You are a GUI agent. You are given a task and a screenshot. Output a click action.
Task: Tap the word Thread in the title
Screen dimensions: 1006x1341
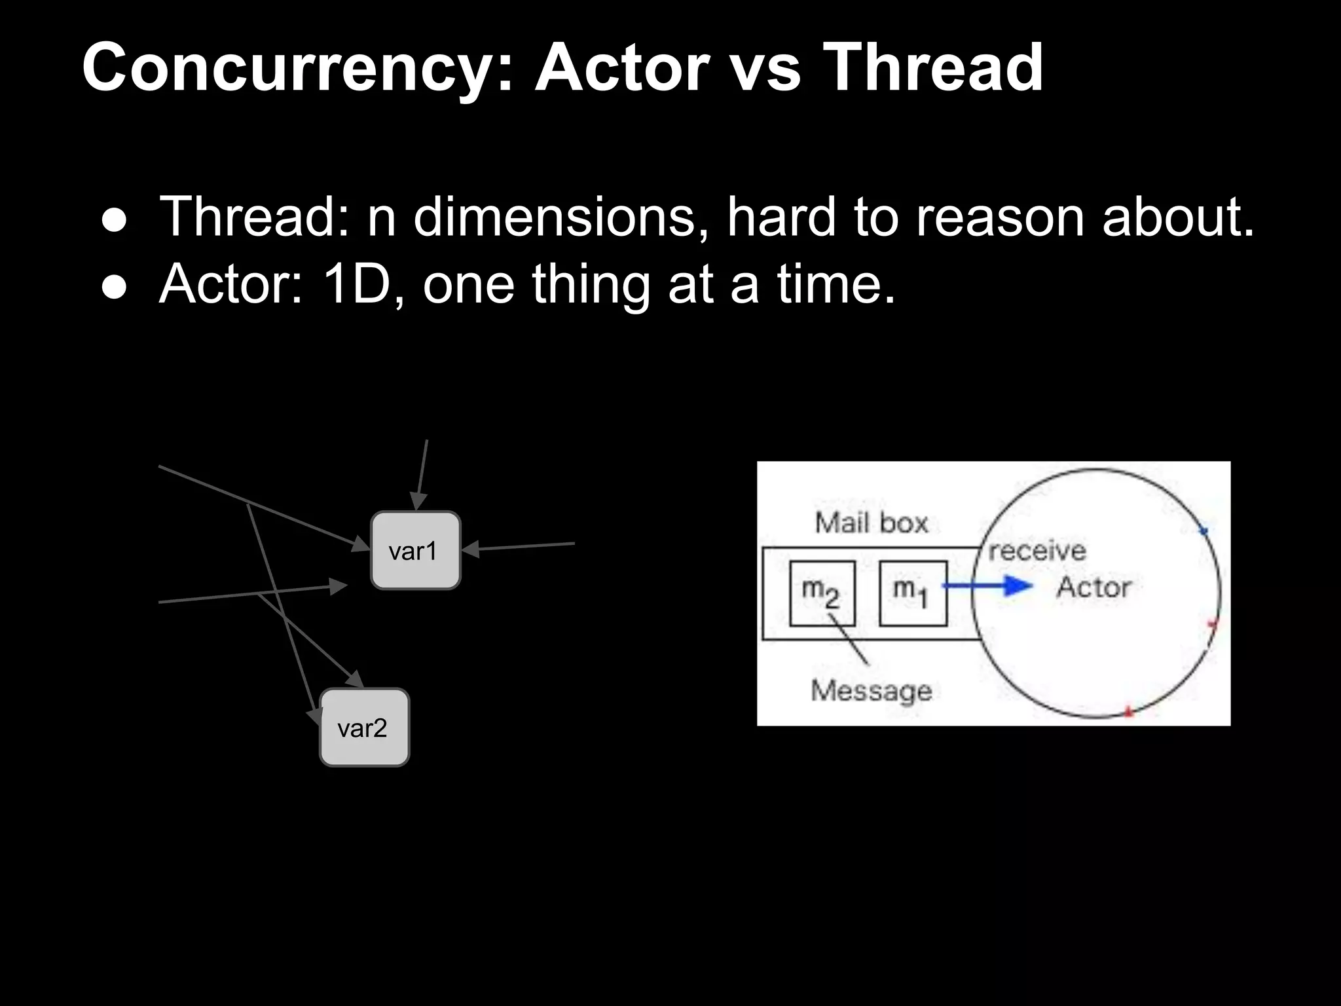[932, 67]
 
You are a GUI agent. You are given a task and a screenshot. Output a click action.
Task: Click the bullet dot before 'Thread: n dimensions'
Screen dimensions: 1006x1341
[114, 221]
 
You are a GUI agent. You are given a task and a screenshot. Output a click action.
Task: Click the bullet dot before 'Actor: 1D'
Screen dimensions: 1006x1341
[114, 288]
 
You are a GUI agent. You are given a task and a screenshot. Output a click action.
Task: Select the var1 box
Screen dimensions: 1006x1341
[415, 550]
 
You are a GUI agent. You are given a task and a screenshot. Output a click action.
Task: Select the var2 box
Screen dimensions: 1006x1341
[364, 727]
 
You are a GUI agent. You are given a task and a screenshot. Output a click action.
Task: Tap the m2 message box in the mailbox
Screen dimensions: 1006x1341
[822, 593]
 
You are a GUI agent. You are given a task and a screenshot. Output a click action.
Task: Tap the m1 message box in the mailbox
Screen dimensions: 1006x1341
[913, 593]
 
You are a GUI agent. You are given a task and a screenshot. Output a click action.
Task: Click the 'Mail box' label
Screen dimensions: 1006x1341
[872, 523]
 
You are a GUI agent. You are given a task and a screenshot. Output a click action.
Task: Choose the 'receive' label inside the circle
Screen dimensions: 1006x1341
[1037, 550]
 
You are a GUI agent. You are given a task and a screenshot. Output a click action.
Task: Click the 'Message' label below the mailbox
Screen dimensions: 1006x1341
[872, 690]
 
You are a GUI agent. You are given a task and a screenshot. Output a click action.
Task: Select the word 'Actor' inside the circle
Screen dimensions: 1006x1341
[1093, 587]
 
